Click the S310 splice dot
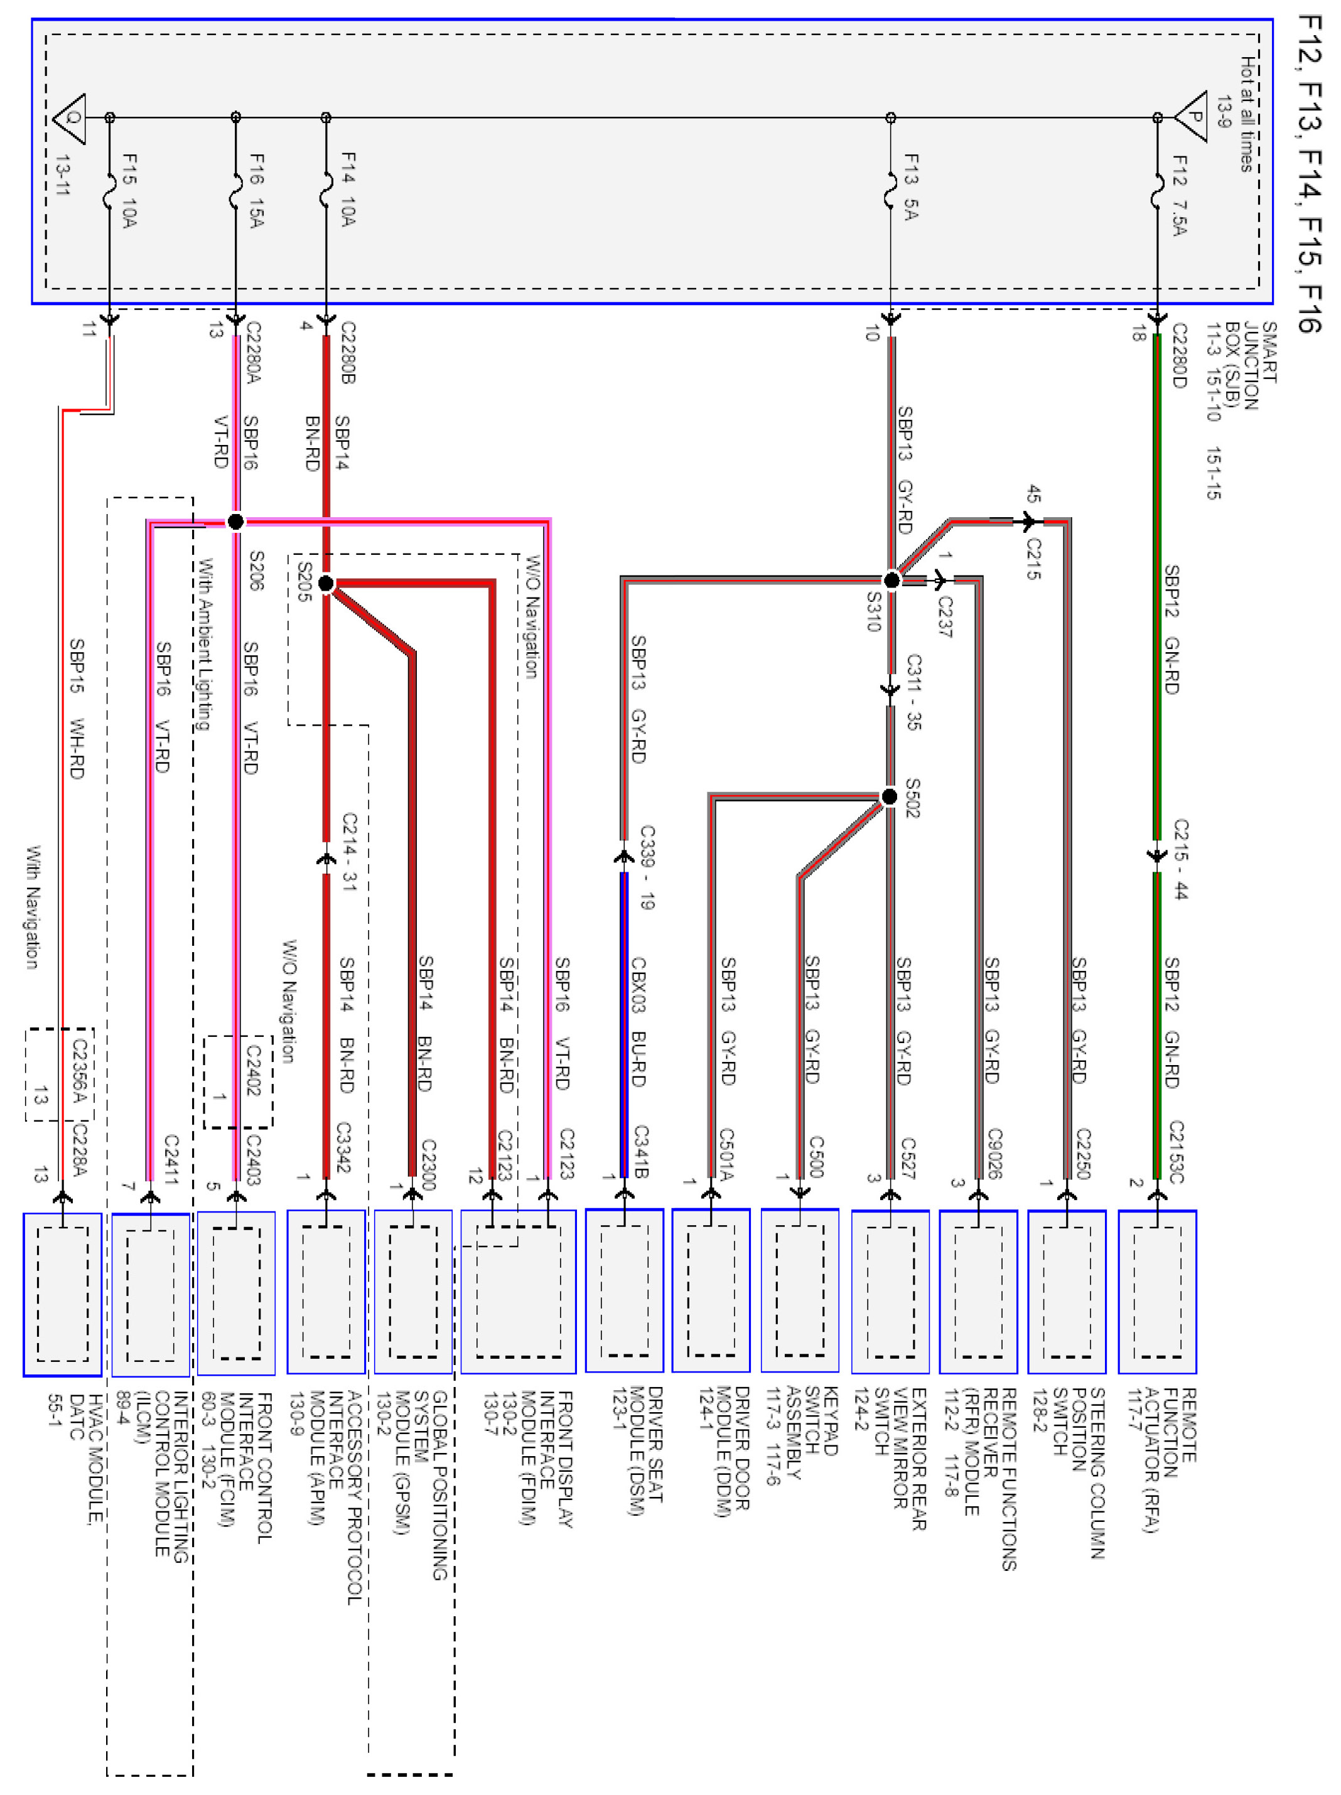point(891,579)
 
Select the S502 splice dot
point(890,797)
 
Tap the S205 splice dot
point(325,582)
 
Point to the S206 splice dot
point(235,522)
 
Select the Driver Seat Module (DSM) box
point(624,1290)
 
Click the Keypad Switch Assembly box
point(800,1290)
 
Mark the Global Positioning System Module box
point(413,1292)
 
